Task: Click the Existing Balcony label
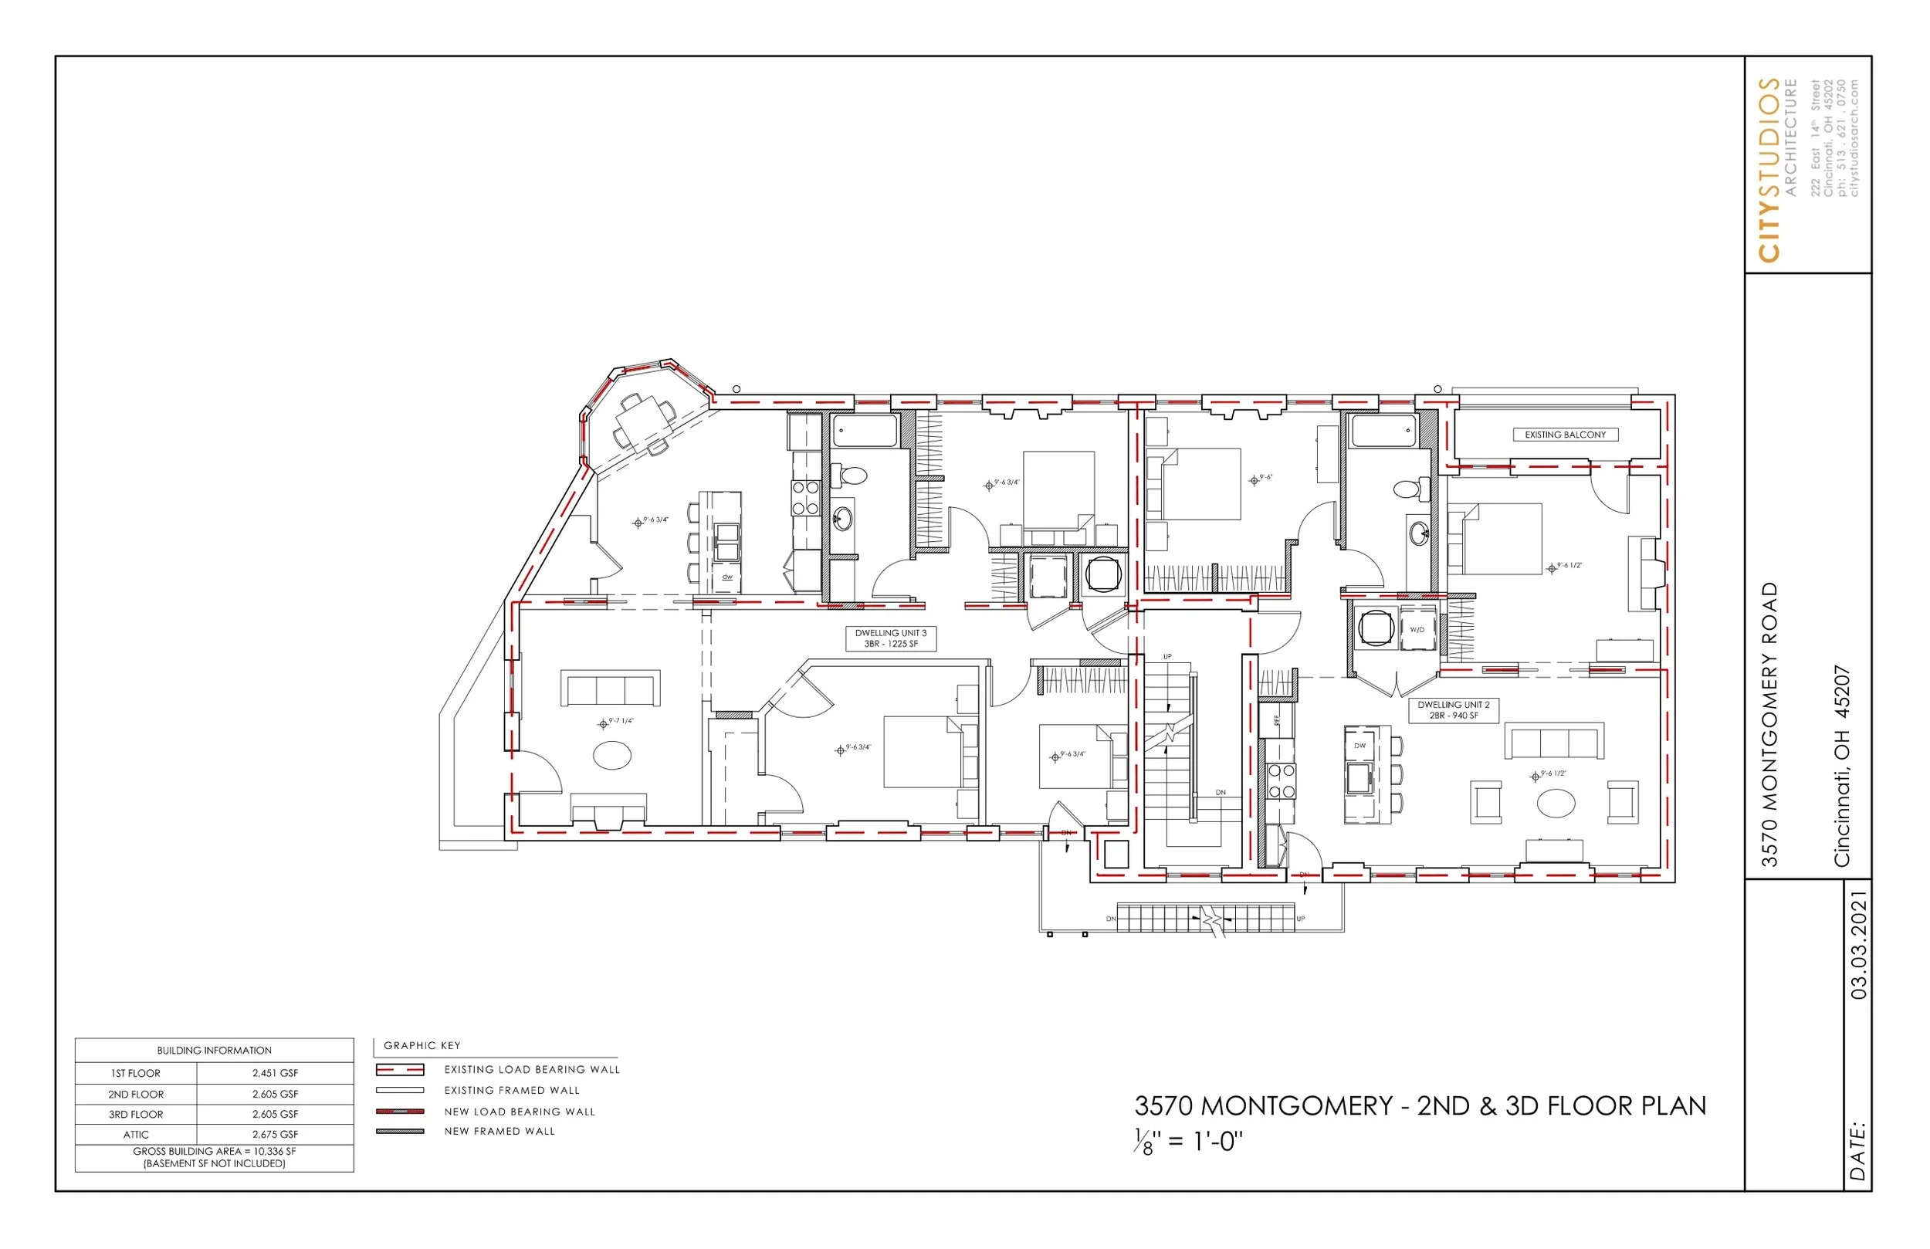pyautogui.click(x=1564, y=435)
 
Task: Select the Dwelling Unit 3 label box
pyautogui.click(x=890, y=638)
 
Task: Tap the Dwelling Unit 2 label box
pyautogui.click(x=1453, y=710)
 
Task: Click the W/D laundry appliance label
pyautogui.click(x=1417, y=629)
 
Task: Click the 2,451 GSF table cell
pyautogui.click(x=275, y=1073)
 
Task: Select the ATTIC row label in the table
pyautogui.click(x=135, y=1135)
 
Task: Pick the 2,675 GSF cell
pyautogui.click(x=275, y=1135)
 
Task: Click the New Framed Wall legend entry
pyautogui.click(x=499, y=1132)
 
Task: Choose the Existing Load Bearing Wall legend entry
pyautogui.click(x=531, y=1070)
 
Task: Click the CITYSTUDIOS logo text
pyautogui.click(x=1770, y=171)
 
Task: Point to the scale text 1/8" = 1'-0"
pyautogui.click(x=1189, y=1141)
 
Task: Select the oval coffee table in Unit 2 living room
pyautogui.click(x=1556, y=804)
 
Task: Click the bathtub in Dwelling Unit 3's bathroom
pyautogui.click(x=865, y=432)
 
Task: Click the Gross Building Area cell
pyautogui.click(x=214, y=1157)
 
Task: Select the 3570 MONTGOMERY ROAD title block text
pyautogui.click(x=1770, y=724)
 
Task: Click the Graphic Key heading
pyautogui.click(x=422, y=1045)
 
